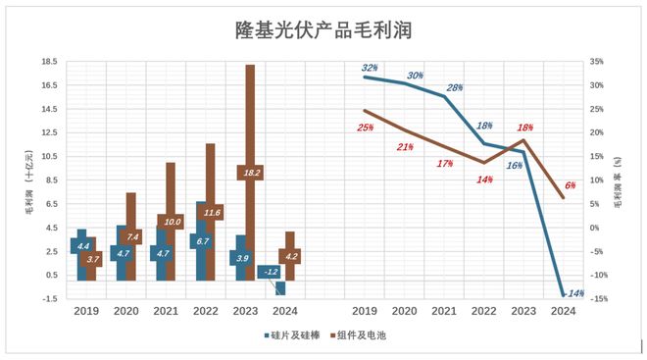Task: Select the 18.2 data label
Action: pos(250,173)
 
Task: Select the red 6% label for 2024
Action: pos(570,184)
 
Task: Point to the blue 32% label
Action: pos(371,68)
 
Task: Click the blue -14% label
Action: pos(574,293)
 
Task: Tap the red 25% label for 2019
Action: pos(365,128)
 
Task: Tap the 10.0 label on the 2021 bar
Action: pos(171,222)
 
